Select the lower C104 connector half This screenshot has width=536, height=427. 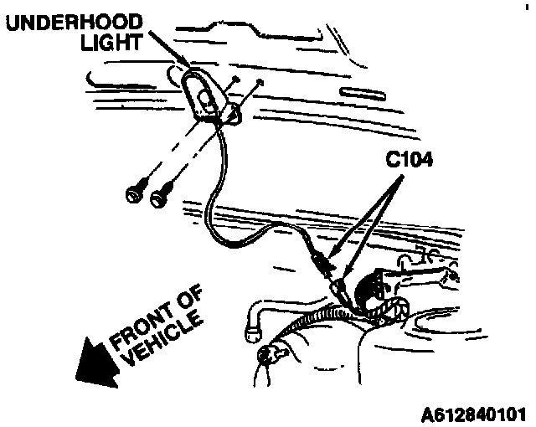click(340, 290)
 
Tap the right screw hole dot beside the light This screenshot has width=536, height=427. click(262, 82)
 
